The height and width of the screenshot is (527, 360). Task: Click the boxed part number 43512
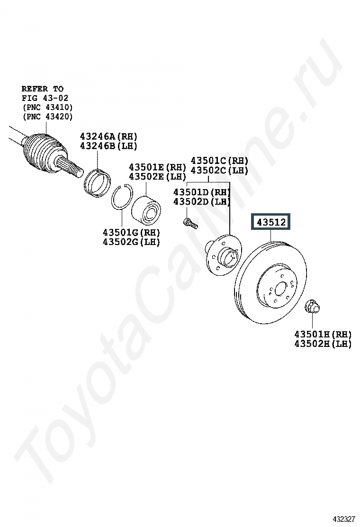tap(271, 222)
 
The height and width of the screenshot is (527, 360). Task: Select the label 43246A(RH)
tap(108, 136)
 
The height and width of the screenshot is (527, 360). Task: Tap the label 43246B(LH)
tap(108, 146)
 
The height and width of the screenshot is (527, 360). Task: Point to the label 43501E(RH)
tap(157, 167)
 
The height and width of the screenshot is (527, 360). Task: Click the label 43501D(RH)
tap(202, 192)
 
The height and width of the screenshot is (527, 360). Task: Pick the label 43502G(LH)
tap(131, 242)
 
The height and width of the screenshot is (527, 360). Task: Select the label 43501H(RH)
tap(323, 335)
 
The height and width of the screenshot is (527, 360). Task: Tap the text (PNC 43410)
tap(48, 107)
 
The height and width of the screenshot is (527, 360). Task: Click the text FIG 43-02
tap(45, 98)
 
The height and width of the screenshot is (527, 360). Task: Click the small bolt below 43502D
tap(190, 223)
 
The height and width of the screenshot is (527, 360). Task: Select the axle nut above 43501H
tap(312, 307)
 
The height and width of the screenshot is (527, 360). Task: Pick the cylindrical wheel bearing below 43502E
tap(146, 209)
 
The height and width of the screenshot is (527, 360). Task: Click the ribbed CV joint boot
tap(42, 153)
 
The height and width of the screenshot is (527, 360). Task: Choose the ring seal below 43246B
tap(98, 183)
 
